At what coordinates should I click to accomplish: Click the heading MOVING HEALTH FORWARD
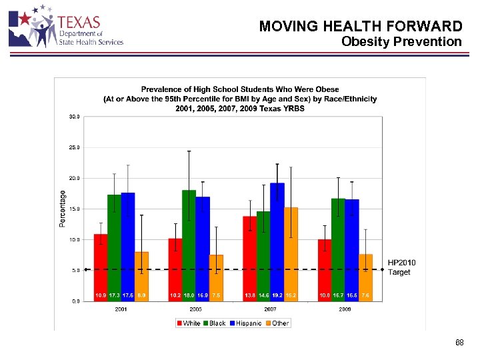tap(360, 26)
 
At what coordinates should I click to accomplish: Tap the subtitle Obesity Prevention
tap(401, 42)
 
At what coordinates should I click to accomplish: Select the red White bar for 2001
tap(101, 267)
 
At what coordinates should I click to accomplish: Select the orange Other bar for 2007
tap(291, 253)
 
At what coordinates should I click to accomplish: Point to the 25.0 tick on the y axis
tap(74, 147)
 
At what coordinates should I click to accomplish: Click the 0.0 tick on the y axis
tap(75, 301)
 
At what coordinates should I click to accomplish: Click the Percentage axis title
tap(63, 208)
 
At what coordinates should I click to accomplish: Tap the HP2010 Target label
tap(401, 267)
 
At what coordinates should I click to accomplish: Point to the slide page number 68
tap(459, 343)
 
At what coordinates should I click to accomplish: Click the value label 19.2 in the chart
tap(277, 295)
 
